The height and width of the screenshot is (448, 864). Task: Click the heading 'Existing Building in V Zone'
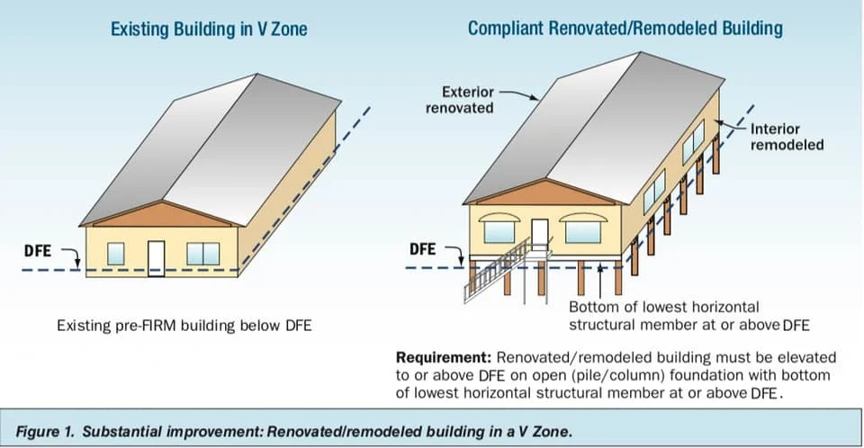(208, 29)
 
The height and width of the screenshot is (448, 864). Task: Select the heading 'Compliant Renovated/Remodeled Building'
(625, 29)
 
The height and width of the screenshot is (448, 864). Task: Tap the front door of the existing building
(157, 256)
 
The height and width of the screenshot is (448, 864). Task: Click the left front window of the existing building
(116, 254)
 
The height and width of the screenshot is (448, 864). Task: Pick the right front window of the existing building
(202, 254)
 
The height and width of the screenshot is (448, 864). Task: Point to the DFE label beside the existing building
(38, 248)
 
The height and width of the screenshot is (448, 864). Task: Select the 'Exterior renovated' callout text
(468, 99)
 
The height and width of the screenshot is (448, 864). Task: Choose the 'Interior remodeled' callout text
(787, 137)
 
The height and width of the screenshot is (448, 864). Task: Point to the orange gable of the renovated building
(539, 193)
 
